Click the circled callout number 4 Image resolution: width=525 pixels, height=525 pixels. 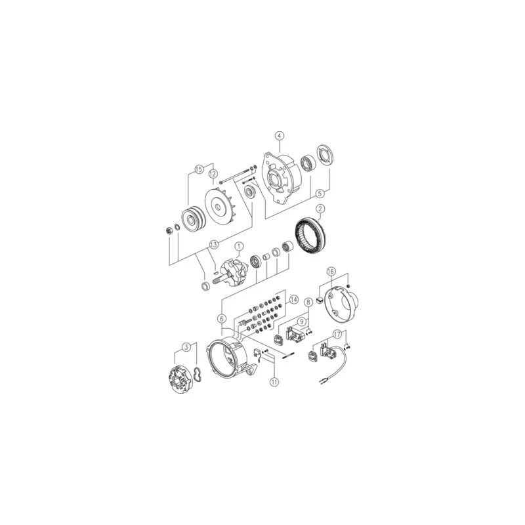280,136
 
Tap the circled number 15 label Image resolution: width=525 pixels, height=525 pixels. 199,169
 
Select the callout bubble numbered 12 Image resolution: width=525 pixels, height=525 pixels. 213,174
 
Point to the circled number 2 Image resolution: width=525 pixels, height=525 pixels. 320,209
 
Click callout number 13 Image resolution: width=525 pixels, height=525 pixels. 214,244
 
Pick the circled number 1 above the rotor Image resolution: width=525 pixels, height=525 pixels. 239,247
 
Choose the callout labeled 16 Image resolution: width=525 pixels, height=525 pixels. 331,271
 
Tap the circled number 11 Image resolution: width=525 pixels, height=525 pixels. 274,382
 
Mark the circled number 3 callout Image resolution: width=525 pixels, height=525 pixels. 187,347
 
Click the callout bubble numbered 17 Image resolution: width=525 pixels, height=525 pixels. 337,334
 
